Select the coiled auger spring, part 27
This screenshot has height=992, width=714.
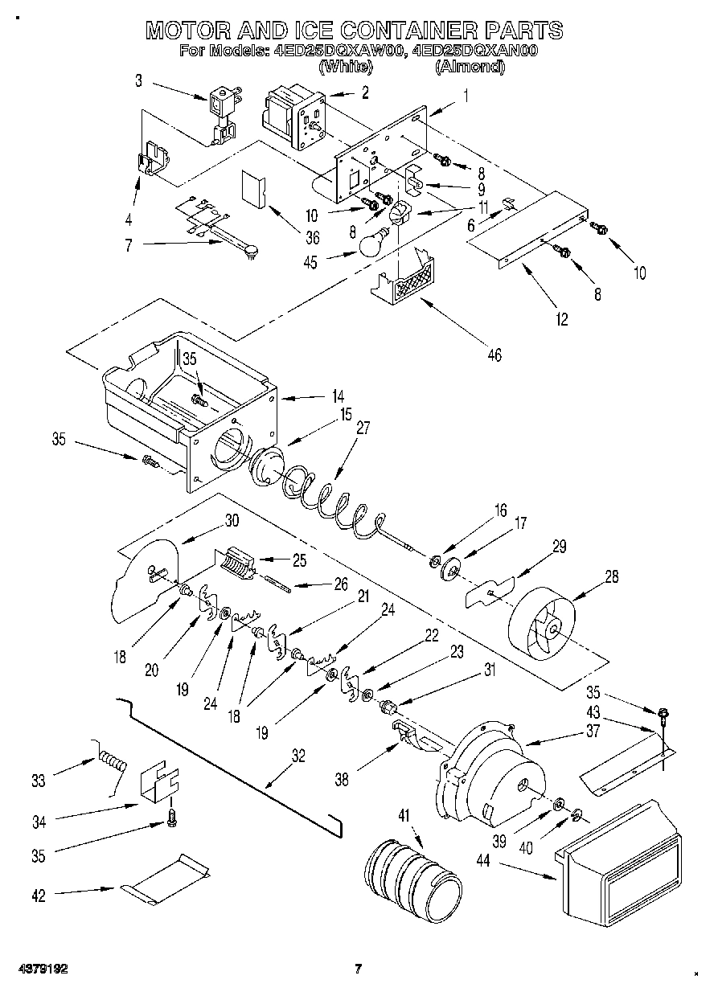(x=330, y=502)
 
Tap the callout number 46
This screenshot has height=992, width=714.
(x=494, y=353)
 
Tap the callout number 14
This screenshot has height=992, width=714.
(x=339, y=396)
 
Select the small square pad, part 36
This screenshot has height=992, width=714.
(x=255, y=190)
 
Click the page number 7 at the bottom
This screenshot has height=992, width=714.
(x=358, y=968)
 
